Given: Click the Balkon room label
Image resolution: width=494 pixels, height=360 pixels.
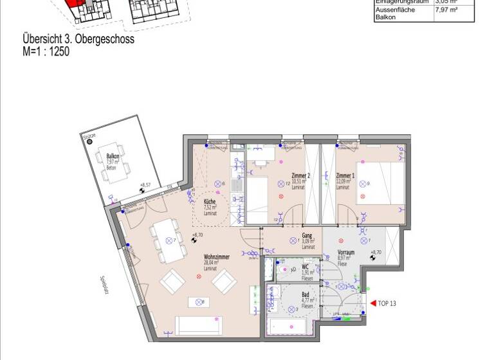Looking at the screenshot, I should [113, 156].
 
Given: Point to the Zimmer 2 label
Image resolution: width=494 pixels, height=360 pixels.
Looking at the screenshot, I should [300, 175].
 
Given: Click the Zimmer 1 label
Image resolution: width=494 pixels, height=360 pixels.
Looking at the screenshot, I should [345, 175].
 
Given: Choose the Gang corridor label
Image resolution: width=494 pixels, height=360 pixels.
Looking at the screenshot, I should [307, 236].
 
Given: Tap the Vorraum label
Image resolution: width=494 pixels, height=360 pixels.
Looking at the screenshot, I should [346, 253].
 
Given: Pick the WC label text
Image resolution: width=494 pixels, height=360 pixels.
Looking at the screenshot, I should [306, 266].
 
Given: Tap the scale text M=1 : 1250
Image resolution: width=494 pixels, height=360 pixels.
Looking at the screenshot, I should [46, 51].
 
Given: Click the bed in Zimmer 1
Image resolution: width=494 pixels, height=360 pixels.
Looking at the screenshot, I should [381, 183].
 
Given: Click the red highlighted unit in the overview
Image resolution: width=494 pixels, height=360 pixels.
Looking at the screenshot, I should [76, 5].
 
